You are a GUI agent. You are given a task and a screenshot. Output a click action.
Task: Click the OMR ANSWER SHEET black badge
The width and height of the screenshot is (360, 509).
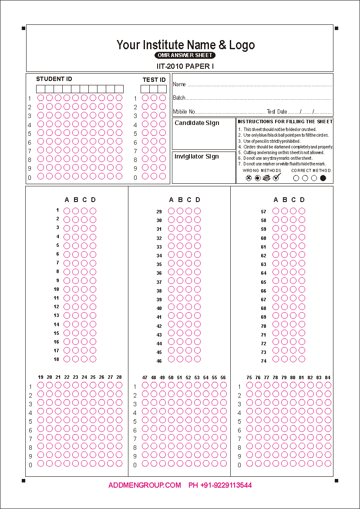[185, 55]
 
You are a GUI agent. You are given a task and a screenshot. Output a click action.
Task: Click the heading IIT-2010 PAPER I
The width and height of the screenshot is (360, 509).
[185, 66]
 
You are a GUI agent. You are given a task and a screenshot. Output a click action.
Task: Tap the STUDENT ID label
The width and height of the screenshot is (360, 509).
[54, 79]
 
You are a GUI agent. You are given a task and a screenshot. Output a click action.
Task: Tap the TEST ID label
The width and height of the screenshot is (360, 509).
[154, 80]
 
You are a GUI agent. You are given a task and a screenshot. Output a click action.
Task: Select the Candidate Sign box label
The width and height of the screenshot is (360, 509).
[197, 123]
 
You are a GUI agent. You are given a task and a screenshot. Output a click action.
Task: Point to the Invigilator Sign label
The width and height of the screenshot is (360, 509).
[196, 156]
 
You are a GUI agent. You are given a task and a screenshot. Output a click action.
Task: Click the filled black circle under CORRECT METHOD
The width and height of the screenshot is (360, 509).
[323, 178]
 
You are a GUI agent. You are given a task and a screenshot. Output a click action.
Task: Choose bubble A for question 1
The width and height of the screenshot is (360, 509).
[67, 211]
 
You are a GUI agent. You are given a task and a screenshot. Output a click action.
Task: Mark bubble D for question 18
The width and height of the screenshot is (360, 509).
[93, 359]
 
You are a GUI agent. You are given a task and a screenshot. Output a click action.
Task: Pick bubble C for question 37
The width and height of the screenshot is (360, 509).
[188, 281]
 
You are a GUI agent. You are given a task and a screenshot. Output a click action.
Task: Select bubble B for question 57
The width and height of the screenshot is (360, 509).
[284, 211]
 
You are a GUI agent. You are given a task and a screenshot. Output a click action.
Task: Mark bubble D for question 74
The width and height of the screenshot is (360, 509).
[302, 359]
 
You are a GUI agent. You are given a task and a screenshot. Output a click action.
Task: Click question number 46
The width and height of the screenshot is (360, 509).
[159, 361]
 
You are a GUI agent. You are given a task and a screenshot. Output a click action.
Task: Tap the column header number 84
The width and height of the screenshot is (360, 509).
[327, 378]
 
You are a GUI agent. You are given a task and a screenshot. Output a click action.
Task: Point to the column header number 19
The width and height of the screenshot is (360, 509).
[40, 377]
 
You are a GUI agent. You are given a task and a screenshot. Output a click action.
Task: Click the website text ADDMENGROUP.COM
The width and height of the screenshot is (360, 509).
[145, 485]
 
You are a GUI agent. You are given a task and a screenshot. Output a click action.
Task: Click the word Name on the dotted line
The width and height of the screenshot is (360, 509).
[179, 84]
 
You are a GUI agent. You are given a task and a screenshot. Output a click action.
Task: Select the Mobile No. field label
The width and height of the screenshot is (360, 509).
[184, 112]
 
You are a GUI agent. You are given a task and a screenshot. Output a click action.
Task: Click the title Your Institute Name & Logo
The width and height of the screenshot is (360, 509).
[185, 45]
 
